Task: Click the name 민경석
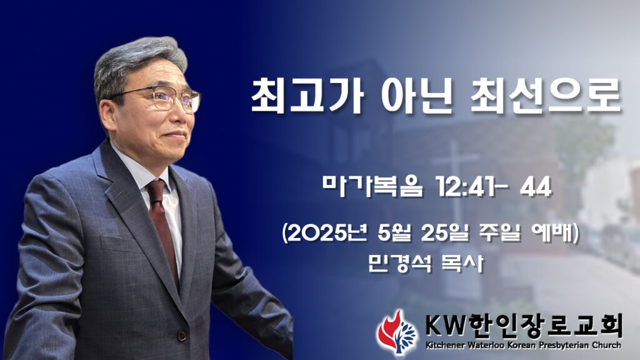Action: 399,263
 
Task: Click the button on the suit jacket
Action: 182,336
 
